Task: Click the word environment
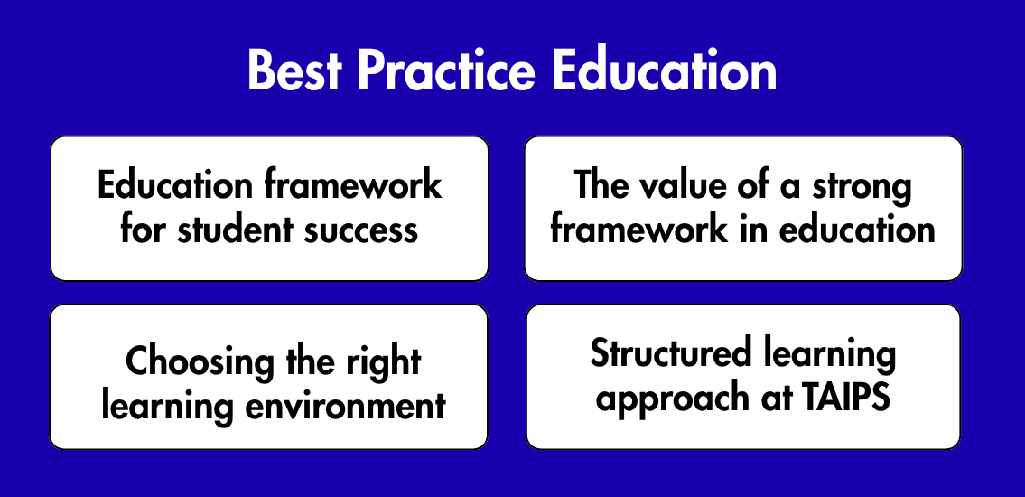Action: coord(345,406)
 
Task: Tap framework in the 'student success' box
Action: coord(353,185)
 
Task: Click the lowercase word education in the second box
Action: coord(857,230)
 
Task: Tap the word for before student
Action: coord(142,230)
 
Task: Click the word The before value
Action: coord(601,185)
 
